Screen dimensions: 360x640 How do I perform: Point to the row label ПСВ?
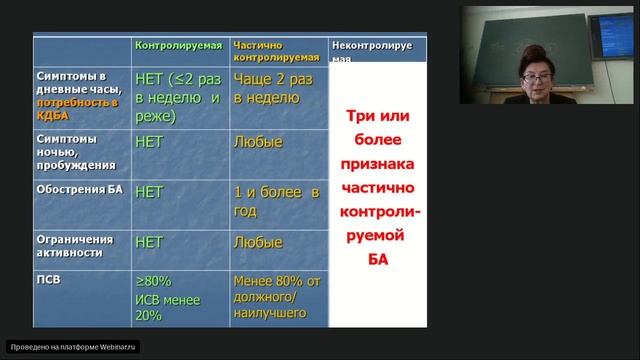[51, 280]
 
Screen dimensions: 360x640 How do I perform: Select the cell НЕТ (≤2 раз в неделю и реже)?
[177, 97]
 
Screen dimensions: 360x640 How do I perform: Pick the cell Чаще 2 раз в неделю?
[267, 88]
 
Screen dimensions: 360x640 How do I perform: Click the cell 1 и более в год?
[275, 201]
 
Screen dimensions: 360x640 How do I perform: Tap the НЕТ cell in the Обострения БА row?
[149, 191]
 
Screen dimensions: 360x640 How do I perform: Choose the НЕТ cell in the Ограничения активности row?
[149, 241]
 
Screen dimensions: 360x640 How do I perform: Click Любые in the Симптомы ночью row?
[257, 142]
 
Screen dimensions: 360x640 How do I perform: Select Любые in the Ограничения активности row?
[257, 241]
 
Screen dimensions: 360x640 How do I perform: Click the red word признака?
[379, 162]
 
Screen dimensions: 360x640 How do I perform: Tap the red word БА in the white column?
[378, 260]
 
